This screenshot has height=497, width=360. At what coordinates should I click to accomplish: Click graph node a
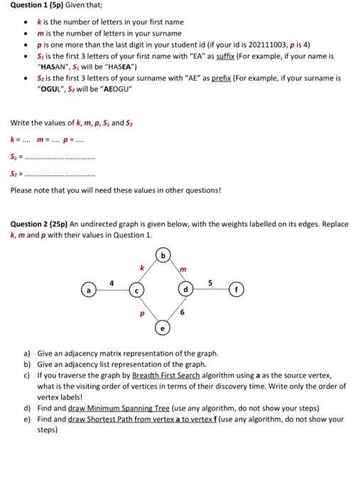88,291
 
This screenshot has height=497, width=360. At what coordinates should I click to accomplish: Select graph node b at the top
163,253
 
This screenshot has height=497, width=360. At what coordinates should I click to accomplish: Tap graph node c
138,291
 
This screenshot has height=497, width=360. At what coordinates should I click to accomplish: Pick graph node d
187,291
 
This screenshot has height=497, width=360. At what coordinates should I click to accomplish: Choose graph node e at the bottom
163,329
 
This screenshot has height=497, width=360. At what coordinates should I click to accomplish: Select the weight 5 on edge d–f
209,284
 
